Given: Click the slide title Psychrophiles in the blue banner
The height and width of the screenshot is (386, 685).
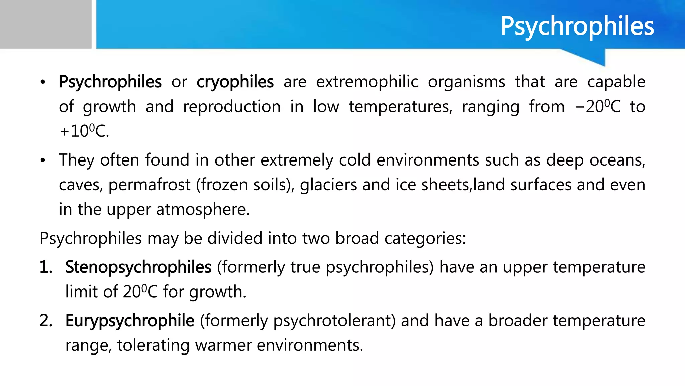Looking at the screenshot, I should (x=577, y=26).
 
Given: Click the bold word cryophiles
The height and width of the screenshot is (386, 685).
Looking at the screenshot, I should (x=235, y=82).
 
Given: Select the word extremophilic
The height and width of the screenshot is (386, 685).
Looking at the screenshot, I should (x=367, y=82).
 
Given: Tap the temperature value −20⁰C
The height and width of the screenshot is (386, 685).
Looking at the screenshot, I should (x=598, y=107).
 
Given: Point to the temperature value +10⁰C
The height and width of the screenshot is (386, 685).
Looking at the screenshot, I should (x=84, y=131).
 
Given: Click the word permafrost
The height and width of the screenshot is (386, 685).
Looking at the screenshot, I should (x=149, y=185).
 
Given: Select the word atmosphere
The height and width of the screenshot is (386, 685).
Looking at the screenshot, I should (x=202, y=209).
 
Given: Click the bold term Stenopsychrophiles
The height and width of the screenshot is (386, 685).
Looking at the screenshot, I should (x=138, y=267).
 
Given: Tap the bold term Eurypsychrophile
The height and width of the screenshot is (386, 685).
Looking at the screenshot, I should (x=130, y=321).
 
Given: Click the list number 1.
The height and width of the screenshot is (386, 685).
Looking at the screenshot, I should (x=46, y=267).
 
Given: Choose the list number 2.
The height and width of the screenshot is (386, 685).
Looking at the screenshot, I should (x=46, y=321).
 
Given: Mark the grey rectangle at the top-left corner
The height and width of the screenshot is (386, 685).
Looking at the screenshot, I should (x=45, y=24).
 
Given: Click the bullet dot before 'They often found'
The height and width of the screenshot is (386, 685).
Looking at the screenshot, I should (x=42, y=160).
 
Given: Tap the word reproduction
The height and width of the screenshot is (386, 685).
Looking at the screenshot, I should (x=232, y=107).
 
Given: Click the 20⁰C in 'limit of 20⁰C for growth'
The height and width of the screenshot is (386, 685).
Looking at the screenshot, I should (x=140, y=292).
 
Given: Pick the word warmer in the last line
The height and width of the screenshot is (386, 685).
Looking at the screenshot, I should (x=223, y=345).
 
